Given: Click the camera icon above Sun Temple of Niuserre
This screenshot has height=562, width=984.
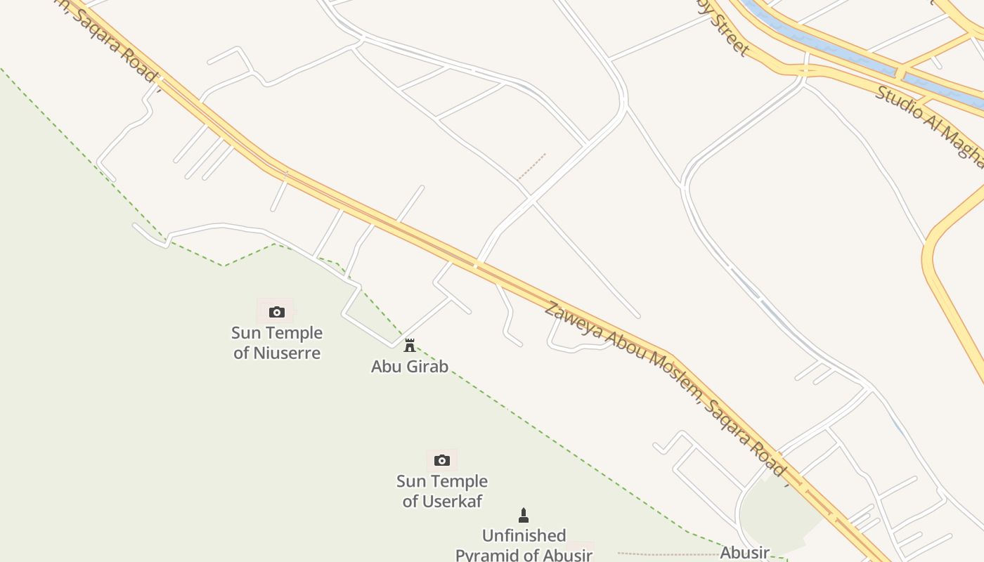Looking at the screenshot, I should (276, 312).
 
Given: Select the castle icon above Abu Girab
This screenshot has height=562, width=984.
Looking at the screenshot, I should (410, 345).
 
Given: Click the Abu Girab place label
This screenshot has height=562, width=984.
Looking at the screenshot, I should (410, 366).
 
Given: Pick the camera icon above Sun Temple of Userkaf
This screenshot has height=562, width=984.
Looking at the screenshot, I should (441, 460).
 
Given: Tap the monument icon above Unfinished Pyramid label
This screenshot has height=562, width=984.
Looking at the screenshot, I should (523, 516).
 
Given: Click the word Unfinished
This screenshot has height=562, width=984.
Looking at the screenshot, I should (524, 536).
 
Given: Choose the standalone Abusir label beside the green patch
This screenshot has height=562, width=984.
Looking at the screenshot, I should (745, 553).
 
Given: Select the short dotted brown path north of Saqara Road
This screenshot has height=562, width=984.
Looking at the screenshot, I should (531, 166).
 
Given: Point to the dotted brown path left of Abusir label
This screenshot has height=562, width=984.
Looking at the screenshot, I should (668, 554).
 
